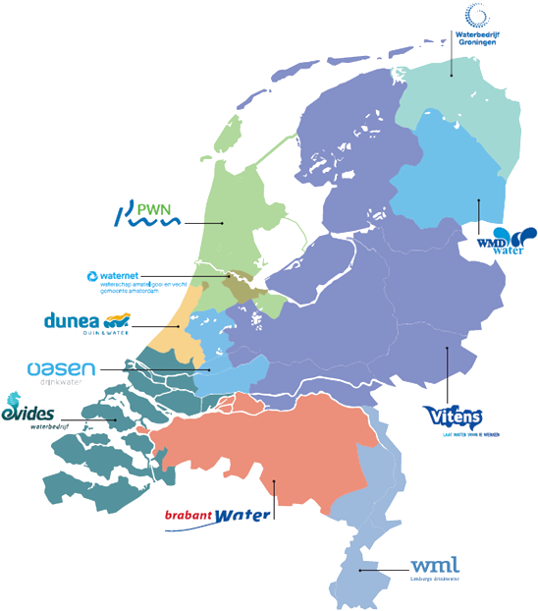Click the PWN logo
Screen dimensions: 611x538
point(148,213)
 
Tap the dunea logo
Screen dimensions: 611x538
point(87,322)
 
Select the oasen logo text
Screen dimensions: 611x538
point(61,369)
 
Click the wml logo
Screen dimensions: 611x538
point(433,566)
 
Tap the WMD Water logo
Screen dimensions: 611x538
point(507,239)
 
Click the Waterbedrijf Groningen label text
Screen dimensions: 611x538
point(478,37)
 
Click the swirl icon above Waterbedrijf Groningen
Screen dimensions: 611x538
point(479,15)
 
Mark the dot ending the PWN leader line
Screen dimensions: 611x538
point(225,223)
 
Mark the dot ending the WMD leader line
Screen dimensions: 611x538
point(478,200)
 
